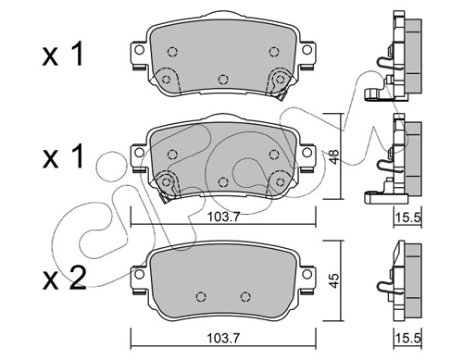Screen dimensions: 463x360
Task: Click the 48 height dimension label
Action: point(334,155)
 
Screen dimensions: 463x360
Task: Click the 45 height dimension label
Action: point(334,280)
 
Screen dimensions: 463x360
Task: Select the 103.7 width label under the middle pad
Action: point(223,217)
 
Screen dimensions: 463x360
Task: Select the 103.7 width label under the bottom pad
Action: point(223,339)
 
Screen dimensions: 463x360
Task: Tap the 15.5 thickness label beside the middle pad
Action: point(408,217)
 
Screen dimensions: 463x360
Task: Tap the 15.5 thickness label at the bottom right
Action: point(408,339)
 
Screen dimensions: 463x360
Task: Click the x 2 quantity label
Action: point(64,279)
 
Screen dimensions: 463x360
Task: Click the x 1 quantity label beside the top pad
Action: point(63,55)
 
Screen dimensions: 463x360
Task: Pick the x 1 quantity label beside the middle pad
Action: point(63,156)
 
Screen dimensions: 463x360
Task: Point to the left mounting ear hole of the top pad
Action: point(140,50)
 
